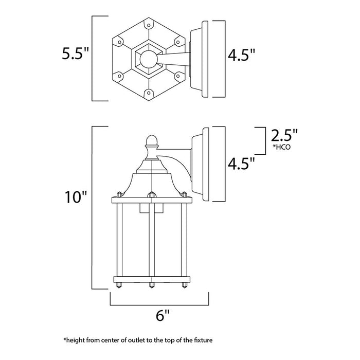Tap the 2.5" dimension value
[283, 136]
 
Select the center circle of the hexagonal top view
[148, 58]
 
